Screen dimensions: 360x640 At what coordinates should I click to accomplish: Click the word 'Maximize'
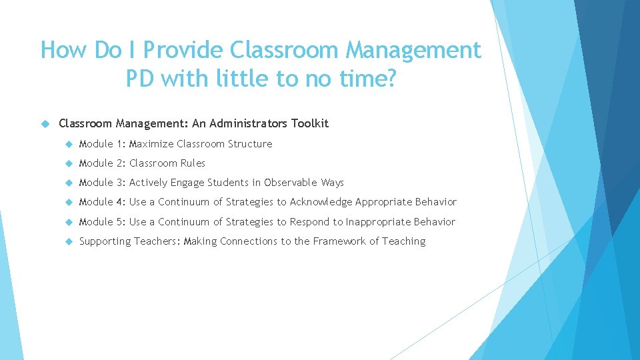click(x=151, y=144)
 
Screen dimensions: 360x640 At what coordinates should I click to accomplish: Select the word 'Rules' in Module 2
click(x=193, y=163)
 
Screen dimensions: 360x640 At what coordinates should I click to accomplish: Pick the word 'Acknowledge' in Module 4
click(x=321, y=202)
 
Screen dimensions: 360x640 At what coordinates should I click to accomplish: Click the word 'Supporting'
click(x=105, y=241)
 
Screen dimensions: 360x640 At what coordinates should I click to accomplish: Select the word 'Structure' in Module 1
click(x=250, y=144)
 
